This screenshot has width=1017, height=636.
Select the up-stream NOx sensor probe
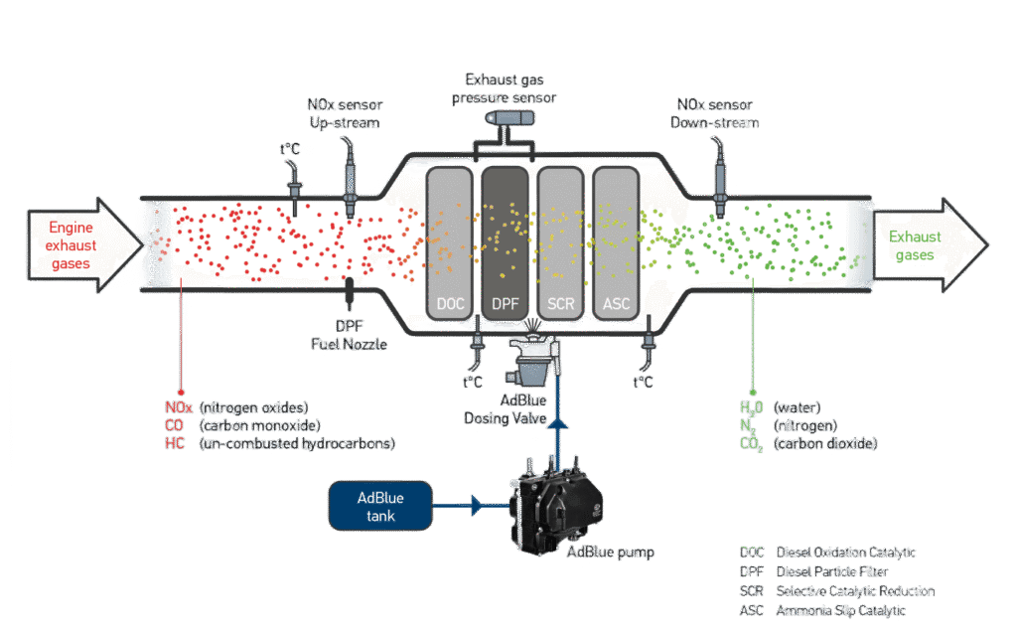tap(350, 175)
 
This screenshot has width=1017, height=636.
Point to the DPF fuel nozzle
tap(350, 292)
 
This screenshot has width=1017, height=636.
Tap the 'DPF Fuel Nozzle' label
tap(350, 336)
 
